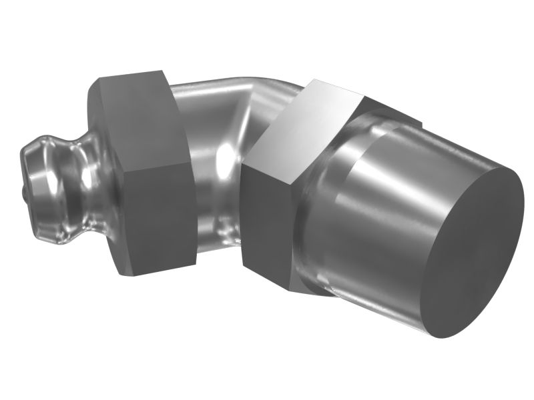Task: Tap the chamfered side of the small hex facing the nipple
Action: (100, 173)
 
